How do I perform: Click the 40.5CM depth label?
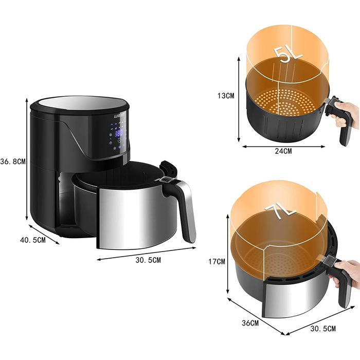[x=32, y=240]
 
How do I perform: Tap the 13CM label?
[x=225, y=96]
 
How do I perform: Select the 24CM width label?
[x=283, y=151]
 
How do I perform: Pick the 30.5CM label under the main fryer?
[x=148, y=260]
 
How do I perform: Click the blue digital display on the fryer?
[x=119, y=133]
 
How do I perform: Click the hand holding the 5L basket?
[x=346, y=114]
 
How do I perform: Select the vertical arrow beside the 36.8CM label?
[x=27, y=160]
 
